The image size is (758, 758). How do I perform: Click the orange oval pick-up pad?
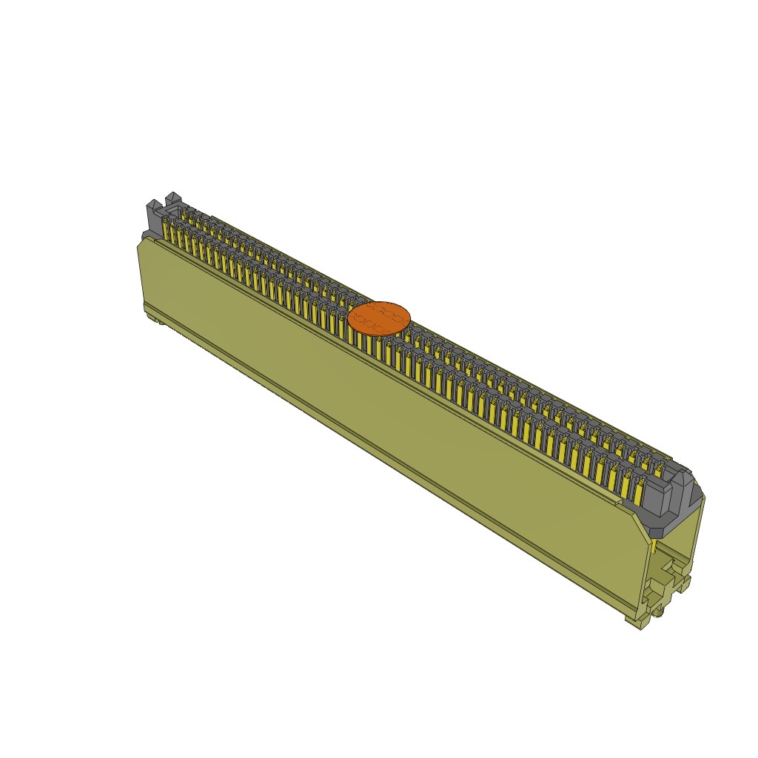379,318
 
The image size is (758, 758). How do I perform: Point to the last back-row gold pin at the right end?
658,469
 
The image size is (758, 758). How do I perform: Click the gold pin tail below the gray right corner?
654,546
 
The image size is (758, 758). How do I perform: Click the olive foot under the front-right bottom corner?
635,622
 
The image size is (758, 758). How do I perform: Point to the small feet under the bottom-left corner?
155,319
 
